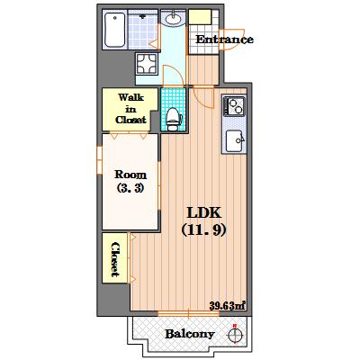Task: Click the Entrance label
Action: point(224,40)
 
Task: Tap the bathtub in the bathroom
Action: point(115,30)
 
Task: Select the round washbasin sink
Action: point(174,18)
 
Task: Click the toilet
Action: point(173,120)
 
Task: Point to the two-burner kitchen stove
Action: point(234,105)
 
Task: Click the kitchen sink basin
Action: point(235,140)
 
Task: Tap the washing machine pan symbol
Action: point(147,64)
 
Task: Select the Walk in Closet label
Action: point(130,109)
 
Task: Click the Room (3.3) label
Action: point(130,181)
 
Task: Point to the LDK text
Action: point(204,212)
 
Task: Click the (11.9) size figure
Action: point(203,230)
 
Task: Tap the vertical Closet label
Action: point(115,259)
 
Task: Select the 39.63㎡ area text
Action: point(228,306)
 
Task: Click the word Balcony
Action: point(190,334)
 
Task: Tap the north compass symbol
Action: point(235,334)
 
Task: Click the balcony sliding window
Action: point(188,314)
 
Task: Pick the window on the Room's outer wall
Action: point(99,160)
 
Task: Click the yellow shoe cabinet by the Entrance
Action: point(200,17)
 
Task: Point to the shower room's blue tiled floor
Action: point(143,30)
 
